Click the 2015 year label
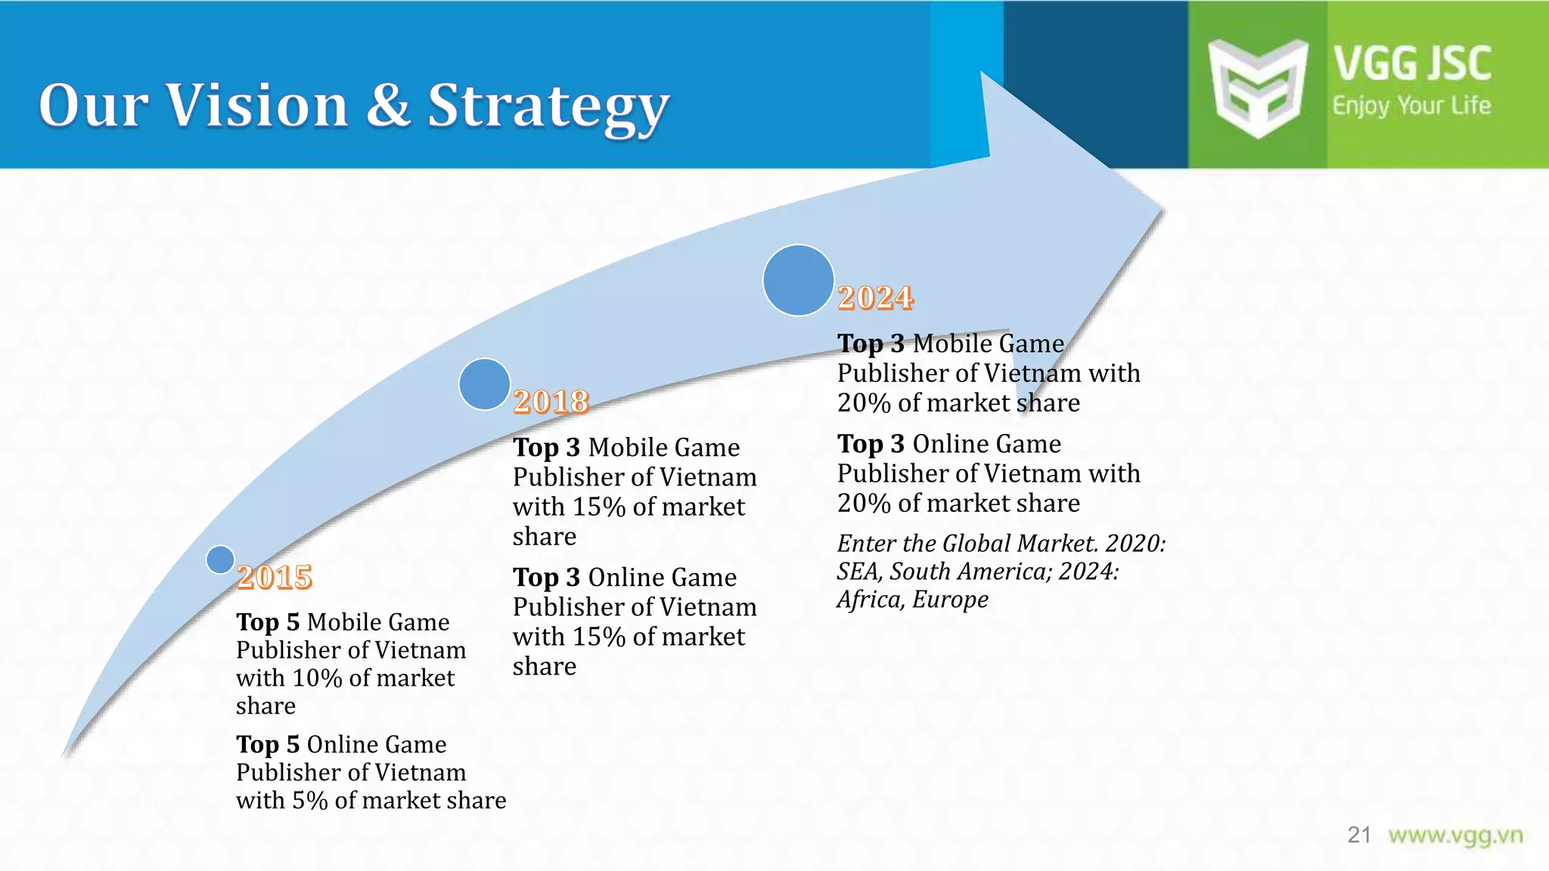(275, 578)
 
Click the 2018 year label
(551, 401)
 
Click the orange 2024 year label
(876, 298)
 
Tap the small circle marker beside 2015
(220, 559)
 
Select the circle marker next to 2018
(484, 384)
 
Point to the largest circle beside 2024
(798, 280)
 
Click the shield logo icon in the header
(1257, 87)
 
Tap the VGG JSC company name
(1412, 64)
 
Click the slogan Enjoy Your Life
(1411, 106)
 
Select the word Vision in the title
(257, 105)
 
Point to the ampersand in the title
(388, 105)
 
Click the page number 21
(1358, 835)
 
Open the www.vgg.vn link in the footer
(1455, 835)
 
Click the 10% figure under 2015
(317, 678)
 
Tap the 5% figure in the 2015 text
(309, 801)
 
